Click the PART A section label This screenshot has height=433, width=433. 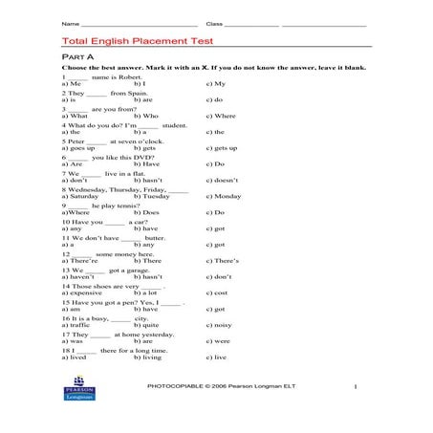[77, 58]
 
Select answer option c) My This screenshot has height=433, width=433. [215, 84]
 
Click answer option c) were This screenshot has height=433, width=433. [217, 341]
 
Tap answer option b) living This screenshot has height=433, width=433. [147, 357]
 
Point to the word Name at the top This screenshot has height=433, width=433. [69, 22]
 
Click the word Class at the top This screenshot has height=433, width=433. [214, 22]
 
